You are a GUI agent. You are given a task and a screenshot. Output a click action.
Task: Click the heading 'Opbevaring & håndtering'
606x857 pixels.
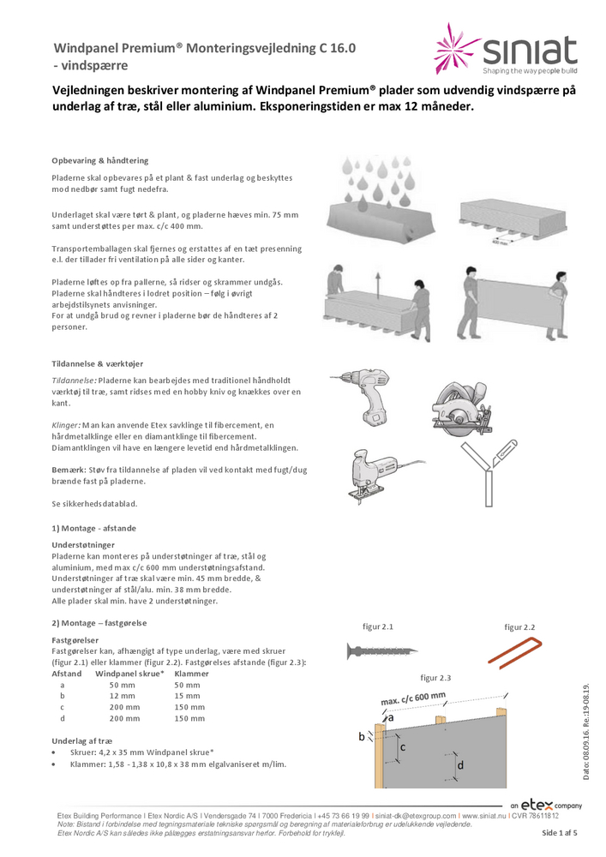(99, 160)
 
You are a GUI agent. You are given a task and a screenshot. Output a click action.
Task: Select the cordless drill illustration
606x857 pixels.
(370, 395)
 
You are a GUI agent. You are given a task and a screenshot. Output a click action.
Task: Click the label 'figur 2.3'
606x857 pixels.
(437, 678)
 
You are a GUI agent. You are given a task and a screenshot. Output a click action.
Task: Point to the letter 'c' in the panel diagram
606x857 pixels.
(403, 746)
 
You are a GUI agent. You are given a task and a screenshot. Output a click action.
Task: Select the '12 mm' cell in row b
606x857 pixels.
(122, 696)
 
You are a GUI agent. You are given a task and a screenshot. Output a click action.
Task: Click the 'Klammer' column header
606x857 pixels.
(191, 674)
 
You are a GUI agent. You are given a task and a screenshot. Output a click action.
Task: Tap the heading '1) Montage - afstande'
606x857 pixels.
(93, 528)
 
